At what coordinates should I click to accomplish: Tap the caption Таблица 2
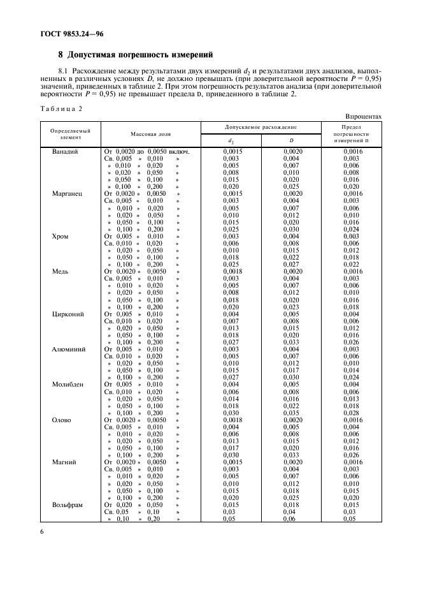click(x=62, y=108)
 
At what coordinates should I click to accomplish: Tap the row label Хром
click(x=60, y=236)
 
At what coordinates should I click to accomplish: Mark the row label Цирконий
click(x=68, y=314)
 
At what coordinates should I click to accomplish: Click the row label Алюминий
click(x=68, y=349)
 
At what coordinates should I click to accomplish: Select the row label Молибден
click(x=68, y=385)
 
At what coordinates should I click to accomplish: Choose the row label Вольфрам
click(x=68, y=505)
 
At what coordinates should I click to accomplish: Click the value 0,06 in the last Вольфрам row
click(x=289, y=519)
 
